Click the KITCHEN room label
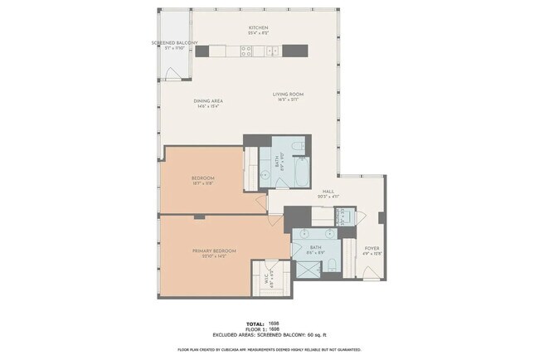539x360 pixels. pyautogui.click(x=259, y=28)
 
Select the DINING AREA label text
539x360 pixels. pyautogui.click(x=209, y=101)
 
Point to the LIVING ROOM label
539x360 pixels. pyautogui.click(x=288, y=94)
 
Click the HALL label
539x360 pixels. pyautogui.click(x=328, y=191)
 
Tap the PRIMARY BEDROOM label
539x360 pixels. pyautogui.click(x=215, y=251)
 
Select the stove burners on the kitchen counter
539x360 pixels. pyautogui.click(x=246, y=51)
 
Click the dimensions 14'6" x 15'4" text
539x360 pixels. pyautogui.click(x=209, y=107)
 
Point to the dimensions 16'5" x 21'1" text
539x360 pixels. pyautogui.click(x=288, y=100)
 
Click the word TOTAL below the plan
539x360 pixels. pyautogui.click(x=255, y=323)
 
